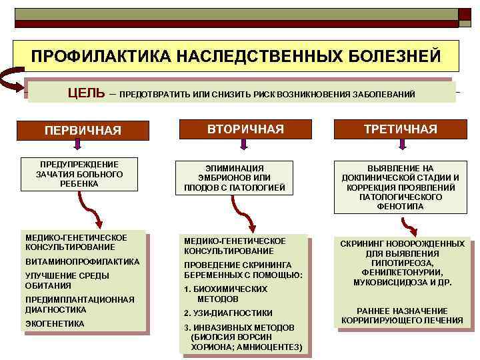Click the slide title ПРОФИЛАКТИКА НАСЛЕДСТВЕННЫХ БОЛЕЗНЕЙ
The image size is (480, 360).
(236, 55)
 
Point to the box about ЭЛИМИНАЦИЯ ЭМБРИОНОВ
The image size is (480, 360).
(234, 178)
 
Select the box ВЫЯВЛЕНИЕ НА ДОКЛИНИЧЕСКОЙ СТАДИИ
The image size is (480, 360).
(400, 187)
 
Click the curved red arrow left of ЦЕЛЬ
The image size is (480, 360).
(13, 82)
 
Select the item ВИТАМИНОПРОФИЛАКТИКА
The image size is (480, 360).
(82, 261)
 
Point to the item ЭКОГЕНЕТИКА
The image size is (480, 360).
(55, 323)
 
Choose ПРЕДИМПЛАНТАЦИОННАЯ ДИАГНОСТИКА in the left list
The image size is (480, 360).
(79, 304)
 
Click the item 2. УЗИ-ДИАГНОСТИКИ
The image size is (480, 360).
(228, 313)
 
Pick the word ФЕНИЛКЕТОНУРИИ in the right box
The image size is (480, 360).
(403, 272)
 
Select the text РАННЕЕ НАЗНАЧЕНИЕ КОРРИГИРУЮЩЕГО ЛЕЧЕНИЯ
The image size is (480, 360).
(402, 315)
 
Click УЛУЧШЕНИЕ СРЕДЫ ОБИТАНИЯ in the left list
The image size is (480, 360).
(67, 280)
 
